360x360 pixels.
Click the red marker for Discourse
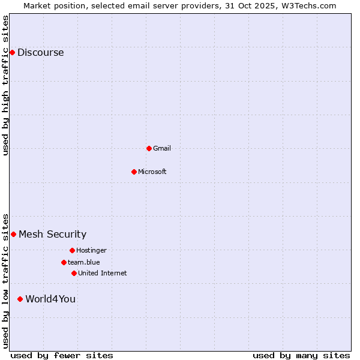coord(12,52)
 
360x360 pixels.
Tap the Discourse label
coord(40,52)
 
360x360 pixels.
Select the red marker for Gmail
coord(149,148)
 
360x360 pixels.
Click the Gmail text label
coord(162,148)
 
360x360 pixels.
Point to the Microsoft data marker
coord(134,172)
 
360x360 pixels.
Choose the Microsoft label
coord(152,172)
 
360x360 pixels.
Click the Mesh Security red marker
coord(13,234)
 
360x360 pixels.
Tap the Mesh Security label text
coord(52,234)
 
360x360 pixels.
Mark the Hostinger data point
coord(72,250)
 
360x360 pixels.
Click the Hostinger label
coord(91,250)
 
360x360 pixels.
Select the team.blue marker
coord(64,262)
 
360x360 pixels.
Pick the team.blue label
coord(83,262)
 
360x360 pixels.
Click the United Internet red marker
coord(74,273)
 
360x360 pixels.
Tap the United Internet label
coord(102,273)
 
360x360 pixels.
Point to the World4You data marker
coord(20,299)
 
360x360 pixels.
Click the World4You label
coord(50,299)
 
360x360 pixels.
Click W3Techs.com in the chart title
coord(309,5)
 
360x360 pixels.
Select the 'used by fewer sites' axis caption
coord(62,355)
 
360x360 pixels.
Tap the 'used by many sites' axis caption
coord(301,355)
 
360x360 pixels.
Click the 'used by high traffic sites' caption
coord(5,85)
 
